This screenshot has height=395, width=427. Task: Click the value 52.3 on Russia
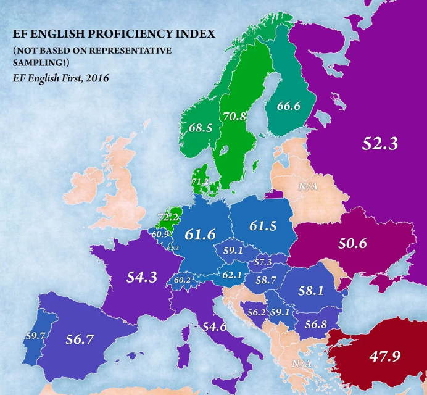380,144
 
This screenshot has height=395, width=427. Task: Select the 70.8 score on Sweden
234,115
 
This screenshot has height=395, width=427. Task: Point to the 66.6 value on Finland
288,106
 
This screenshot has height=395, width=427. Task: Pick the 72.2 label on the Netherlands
168,217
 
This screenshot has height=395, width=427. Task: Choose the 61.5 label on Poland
267,226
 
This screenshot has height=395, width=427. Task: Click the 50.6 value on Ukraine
352,243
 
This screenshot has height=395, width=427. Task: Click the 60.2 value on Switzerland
183,280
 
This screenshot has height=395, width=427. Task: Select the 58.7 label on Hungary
265,280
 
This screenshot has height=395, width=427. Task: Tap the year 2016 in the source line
97,78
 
